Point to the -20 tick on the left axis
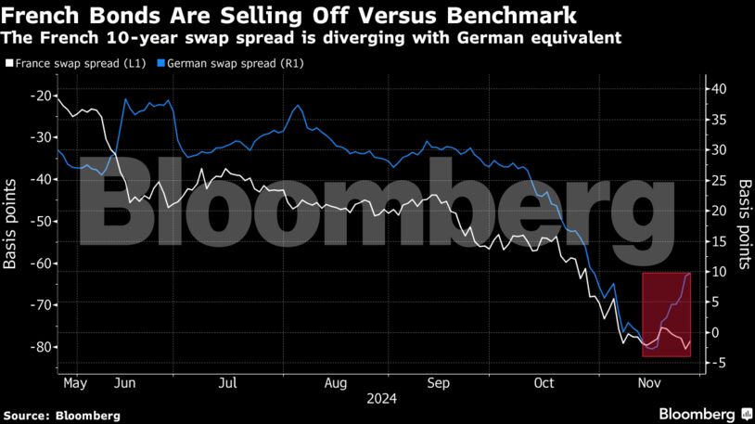39,96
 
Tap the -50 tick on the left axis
39,221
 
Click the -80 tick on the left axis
39,347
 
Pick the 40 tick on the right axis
720,89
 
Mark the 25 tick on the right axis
720,180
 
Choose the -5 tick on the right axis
719,363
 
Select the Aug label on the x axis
336,382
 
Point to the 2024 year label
381,399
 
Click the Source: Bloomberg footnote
61,415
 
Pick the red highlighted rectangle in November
666,315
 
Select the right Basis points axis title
744,225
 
